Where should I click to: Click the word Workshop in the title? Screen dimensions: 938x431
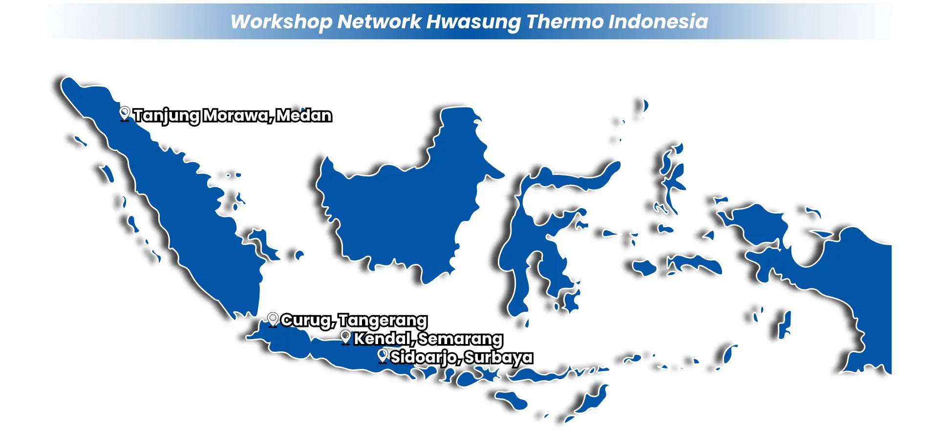281,22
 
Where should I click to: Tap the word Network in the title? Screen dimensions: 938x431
379,22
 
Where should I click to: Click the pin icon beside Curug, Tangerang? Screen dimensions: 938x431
273,320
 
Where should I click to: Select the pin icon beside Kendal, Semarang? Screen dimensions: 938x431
346,338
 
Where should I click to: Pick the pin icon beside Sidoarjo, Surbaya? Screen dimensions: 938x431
383,356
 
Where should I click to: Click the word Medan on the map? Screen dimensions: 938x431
304,115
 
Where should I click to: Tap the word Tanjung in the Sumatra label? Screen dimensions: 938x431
167,116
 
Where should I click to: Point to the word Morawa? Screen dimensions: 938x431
237,116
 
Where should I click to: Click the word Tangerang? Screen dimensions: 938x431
383,321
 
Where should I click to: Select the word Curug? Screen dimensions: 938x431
308,321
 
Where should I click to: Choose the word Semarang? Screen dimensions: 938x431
461,339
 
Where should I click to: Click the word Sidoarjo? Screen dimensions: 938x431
425,358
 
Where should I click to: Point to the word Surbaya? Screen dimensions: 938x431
498,358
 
